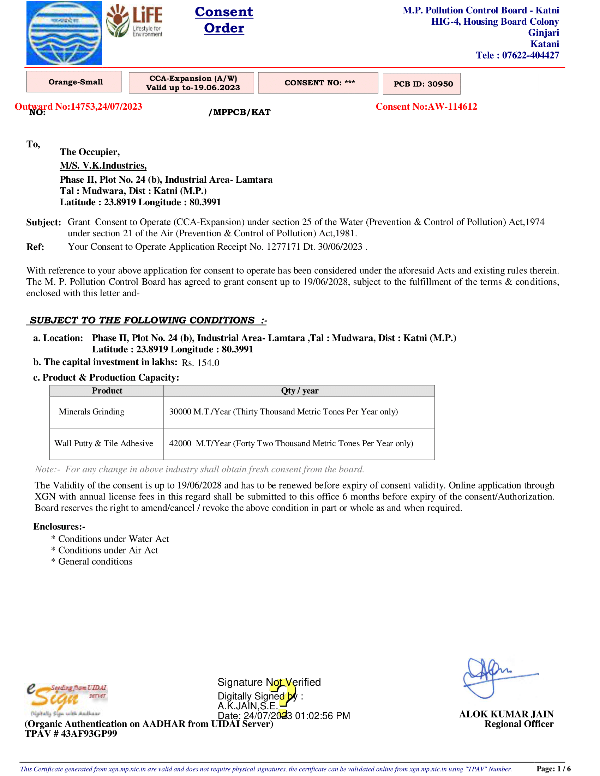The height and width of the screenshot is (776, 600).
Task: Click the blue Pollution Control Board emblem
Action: click(64, 33)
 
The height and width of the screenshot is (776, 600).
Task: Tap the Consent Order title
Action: click(224, 20)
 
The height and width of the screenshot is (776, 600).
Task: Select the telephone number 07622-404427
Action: click(530, 55)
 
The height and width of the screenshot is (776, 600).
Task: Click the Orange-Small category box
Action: click(74, 82)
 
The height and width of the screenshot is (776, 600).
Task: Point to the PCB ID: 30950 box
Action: click(421, 84)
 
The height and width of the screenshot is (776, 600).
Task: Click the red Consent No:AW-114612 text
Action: click(426, 107)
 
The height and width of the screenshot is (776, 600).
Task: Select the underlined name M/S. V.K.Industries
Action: click(103, 165)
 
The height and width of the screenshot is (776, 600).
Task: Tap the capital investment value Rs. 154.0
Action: click(200, 363)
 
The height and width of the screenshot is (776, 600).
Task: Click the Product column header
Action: click(107, 390)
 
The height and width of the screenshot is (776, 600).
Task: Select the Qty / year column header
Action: click(299, 390)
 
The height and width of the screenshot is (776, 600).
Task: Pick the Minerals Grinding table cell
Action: click(92, 411)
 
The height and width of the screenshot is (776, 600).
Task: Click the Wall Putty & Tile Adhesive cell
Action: click(104, 443)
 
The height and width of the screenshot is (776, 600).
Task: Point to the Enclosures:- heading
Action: click(59, 527)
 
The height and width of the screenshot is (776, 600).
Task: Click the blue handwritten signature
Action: click(498, 677)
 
